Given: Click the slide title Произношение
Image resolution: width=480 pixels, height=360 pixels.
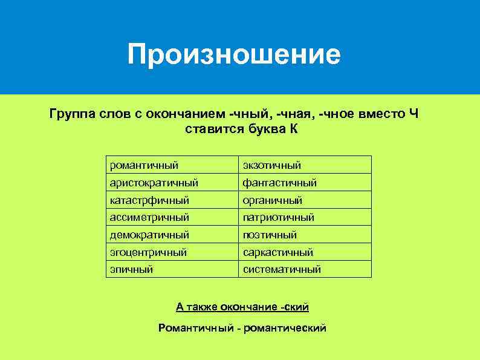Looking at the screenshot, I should click(x=234, y=54).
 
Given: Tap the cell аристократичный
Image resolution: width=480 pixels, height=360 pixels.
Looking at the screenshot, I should click(x=154, y=183).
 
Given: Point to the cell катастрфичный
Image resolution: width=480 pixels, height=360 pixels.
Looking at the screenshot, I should click(x=149, y=200).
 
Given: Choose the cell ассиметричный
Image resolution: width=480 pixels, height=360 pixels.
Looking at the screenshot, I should click(x=149, y=217).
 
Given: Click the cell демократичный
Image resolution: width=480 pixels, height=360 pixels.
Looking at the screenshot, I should click(x=149, y=234).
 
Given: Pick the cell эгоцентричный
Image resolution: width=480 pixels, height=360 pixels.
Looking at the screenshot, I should click(x=148, y=252).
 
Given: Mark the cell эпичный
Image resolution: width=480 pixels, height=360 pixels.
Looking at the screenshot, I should click(x=131, y=269).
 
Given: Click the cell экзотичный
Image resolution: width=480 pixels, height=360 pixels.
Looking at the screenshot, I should click(x=271, y=165).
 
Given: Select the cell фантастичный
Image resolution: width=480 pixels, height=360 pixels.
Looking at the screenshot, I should click(x=279, y=183).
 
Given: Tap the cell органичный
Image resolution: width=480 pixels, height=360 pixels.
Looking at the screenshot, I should click(x=272, y=200).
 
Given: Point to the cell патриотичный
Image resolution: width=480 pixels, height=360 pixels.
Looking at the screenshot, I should click(x=278, y=217).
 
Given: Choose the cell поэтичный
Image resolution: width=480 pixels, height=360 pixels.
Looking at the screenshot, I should click(x=270, y=234).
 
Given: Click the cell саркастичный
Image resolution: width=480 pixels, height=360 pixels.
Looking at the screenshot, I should click(x=277, y=252).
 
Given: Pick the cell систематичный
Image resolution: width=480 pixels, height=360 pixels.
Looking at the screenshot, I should click(x=282, y=269).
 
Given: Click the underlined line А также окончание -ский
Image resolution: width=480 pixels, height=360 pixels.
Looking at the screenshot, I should click(x=242, y=307).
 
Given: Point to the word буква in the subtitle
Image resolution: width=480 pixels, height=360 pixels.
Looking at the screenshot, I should click(x=265, y=129).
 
